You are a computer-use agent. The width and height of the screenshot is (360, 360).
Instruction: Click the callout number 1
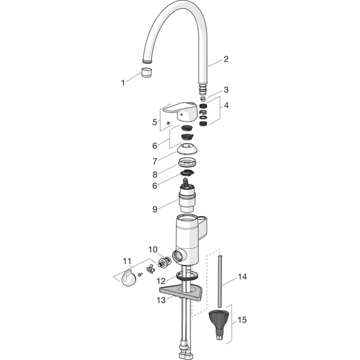click(123, 83)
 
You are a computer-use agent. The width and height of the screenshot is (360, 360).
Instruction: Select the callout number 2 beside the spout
click(226, 59)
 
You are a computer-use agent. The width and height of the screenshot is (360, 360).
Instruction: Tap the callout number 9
click(155, 209)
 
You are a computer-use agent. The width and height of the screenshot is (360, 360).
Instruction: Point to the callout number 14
click(242, 277)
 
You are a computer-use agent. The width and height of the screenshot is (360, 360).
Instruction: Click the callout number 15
click(242, 320)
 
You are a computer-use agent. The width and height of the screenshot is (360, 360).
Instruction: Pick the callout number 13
click(161, 300)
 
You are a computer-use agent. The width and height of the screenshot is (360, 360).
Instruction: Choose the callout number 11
click(127, 261)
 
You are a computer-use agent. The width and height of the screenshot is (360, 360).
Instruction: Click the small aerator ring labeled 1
click(146, 73)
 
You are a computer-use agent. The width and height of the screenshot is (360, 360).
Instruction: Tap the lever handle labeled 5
click(181, 111)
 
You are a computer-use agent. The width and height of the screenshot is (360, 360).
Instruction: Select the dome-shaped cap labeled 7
click(187, 149)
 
